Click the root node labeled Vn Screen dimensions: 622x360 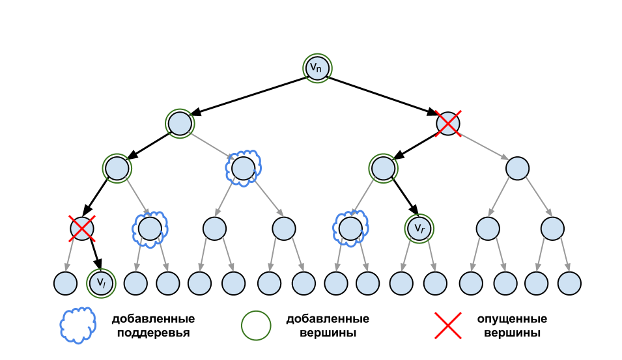pyautogui.click(x=317, y=68)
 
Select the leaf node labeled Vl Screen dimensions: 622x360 pyautogui.click(x=101, y=283)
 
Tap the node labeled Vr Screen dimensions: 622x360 pyautogui.click(x=419, y=228)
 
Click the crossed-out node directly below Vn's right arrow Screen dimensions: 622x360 pyautogui.click(x=448, y=124)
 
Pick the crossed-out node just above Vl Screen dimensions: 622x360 pyautogui.click(x=81, y=228)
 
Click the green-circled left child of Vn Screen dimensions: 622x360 pyautogui.click(x=180, y=124)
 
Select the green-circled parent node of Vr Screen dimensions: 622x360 pyautogui.click(x=383, y=169)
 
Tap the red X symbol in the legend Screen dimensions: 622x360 pyautogui.click(x=448, y=325)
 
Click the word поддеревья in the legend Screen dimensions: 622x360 pyautogui.click(x=153, y=333)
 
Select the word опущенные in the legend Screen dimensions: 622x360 pyautogui.click(x=512, y=319)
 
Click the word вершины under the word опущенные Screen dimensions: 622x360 pyautogui.click(x=512, y=332)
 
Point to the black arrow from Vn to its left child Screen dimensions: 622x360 pyautogui.click(x=250, y=96)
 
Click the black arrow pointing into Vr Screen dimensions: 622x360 pyautogui.click(x=405, y=197)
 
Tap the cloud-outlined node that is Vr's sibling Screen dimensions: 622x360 pyautogui.click(x=350, y=228)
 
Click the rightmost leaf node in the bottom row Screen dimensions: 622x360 pyautogui.click(x=569, y=283)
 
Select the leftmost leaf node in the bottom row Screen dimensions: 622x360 pyautogui.click(x=65, y=283)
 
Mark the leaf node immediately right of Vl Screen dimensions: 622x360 pyautogui.click(x=135, y=283)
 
